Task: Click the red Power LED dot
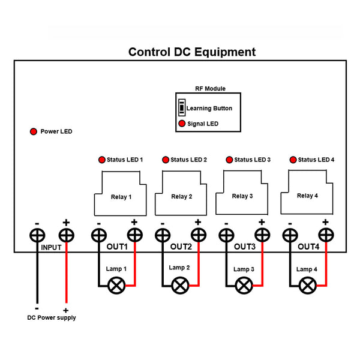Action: (x=33, y=131)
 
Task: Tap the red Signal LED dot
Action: (x=182, y=124)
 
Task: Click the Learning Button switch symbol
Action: (x=182, y=108)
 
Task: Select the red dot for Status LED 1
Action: (x=101, y=160)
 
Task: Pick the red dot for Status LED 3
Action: (x=229, y=160)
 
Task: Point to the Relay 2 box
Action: (x=181, y=195)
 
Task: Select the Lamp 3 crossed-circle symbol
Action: (x=243, y=286)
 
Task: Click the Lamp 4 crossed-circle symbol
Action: (x=308, y=286)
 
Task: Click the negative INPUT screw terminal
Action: (x=37, y=235)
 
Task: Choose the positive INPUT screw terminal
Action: (x=66, y=235)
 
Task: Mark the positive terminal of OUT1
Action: (x=134, y=235)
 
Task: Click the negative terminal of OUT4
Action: (x=290, y=235)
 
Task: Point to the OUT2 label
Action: (x=181, y=247)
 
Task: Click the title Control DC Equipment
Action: (x=192, y=52)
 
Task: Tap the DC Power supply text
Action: (x=52, y=317)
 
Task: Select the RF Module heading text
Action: (x=211, y=88)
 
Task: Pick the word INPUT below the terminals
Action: (x=52, y=247)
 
